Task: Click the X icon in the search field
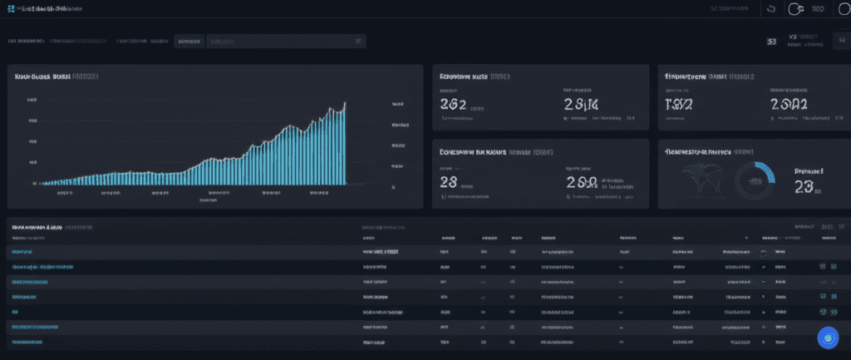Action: (x=357, y=41)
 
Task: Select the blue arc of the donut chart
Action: (x=766, y=170)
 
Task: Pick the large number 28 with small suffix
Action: (x=449, y=183)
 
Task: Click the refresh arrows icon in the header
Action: (x=770, y=9)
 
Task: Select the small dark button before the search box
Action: (x=189, y=41)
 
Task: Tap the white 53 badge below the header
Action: (x=772, y=41)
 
